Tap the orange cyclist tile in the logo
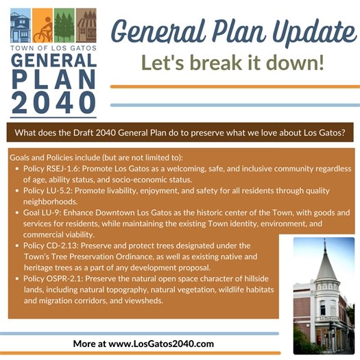(43, 25)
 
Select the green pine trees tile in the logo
(64, 25)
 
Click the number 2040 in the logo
(53, 101)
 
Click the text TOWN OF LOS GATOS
(53, 47)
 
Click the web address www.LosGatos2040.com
(161, 343)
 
